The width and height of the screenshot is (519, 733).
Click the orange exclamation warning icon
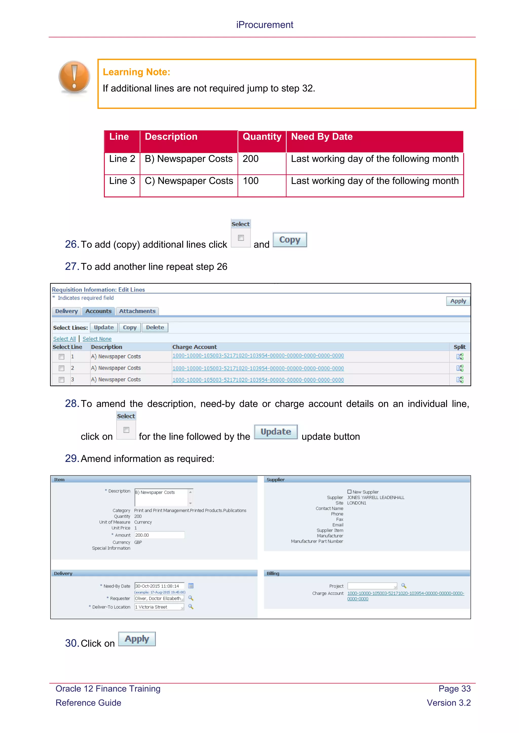pyautogui.click(x=74, y=77)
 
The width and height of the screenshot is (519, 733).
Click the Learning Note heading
pyautogui.click(x=136, y=72)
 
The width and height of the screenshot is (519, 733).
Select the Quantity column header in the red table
pyautogui.click(x=262, y=137)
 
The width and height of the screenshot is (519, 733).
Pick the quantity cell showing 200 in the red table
pyautogui.click(x=251, y=159)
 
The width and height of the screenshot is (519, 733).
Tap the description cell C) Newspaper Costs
pyautogui.click(x=189, y=181)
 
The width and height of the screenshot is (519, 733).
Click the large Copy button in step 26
pyautogui.click(x=290, y=240)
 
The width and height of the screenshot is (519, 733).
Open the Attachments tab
pyautogui.click(x=137, y=311)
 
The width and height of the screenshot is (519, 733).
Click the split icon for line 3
pyautogui.click(x=459, y=380)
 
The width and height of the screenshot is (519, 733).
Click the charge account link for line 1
pyautogui.click(x=258, y=356)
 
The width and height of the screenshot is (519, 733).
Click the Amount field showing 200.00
pyautogui.click(x=159, y=535)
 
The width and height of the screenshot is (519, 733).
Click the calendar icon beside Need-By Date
pyautogui.click(x=191, y=586)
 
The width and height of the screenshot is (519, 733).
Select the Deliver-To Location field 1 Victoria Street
pyautogui.click(x=159, y=607)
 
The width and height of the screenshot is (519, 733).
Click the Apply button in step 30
pyautogui.click(x=137, y=639)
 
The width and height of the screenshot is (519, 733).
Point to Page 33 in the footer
pyautogui.click(x=454, y=689)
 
